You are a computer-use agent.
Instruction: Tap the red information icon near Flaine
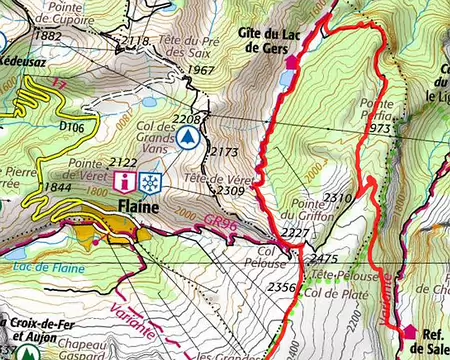(123, 182)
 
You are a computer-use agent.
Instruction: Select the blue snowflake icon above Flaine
(150, 182)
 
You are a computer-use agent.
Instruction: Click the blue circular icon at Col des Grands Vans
(184, 139)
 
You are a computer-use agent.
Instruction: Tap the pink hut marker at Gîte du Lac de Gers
(292, 62)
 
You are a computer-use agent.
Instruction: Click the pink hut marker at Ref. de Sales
(408, 332)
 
